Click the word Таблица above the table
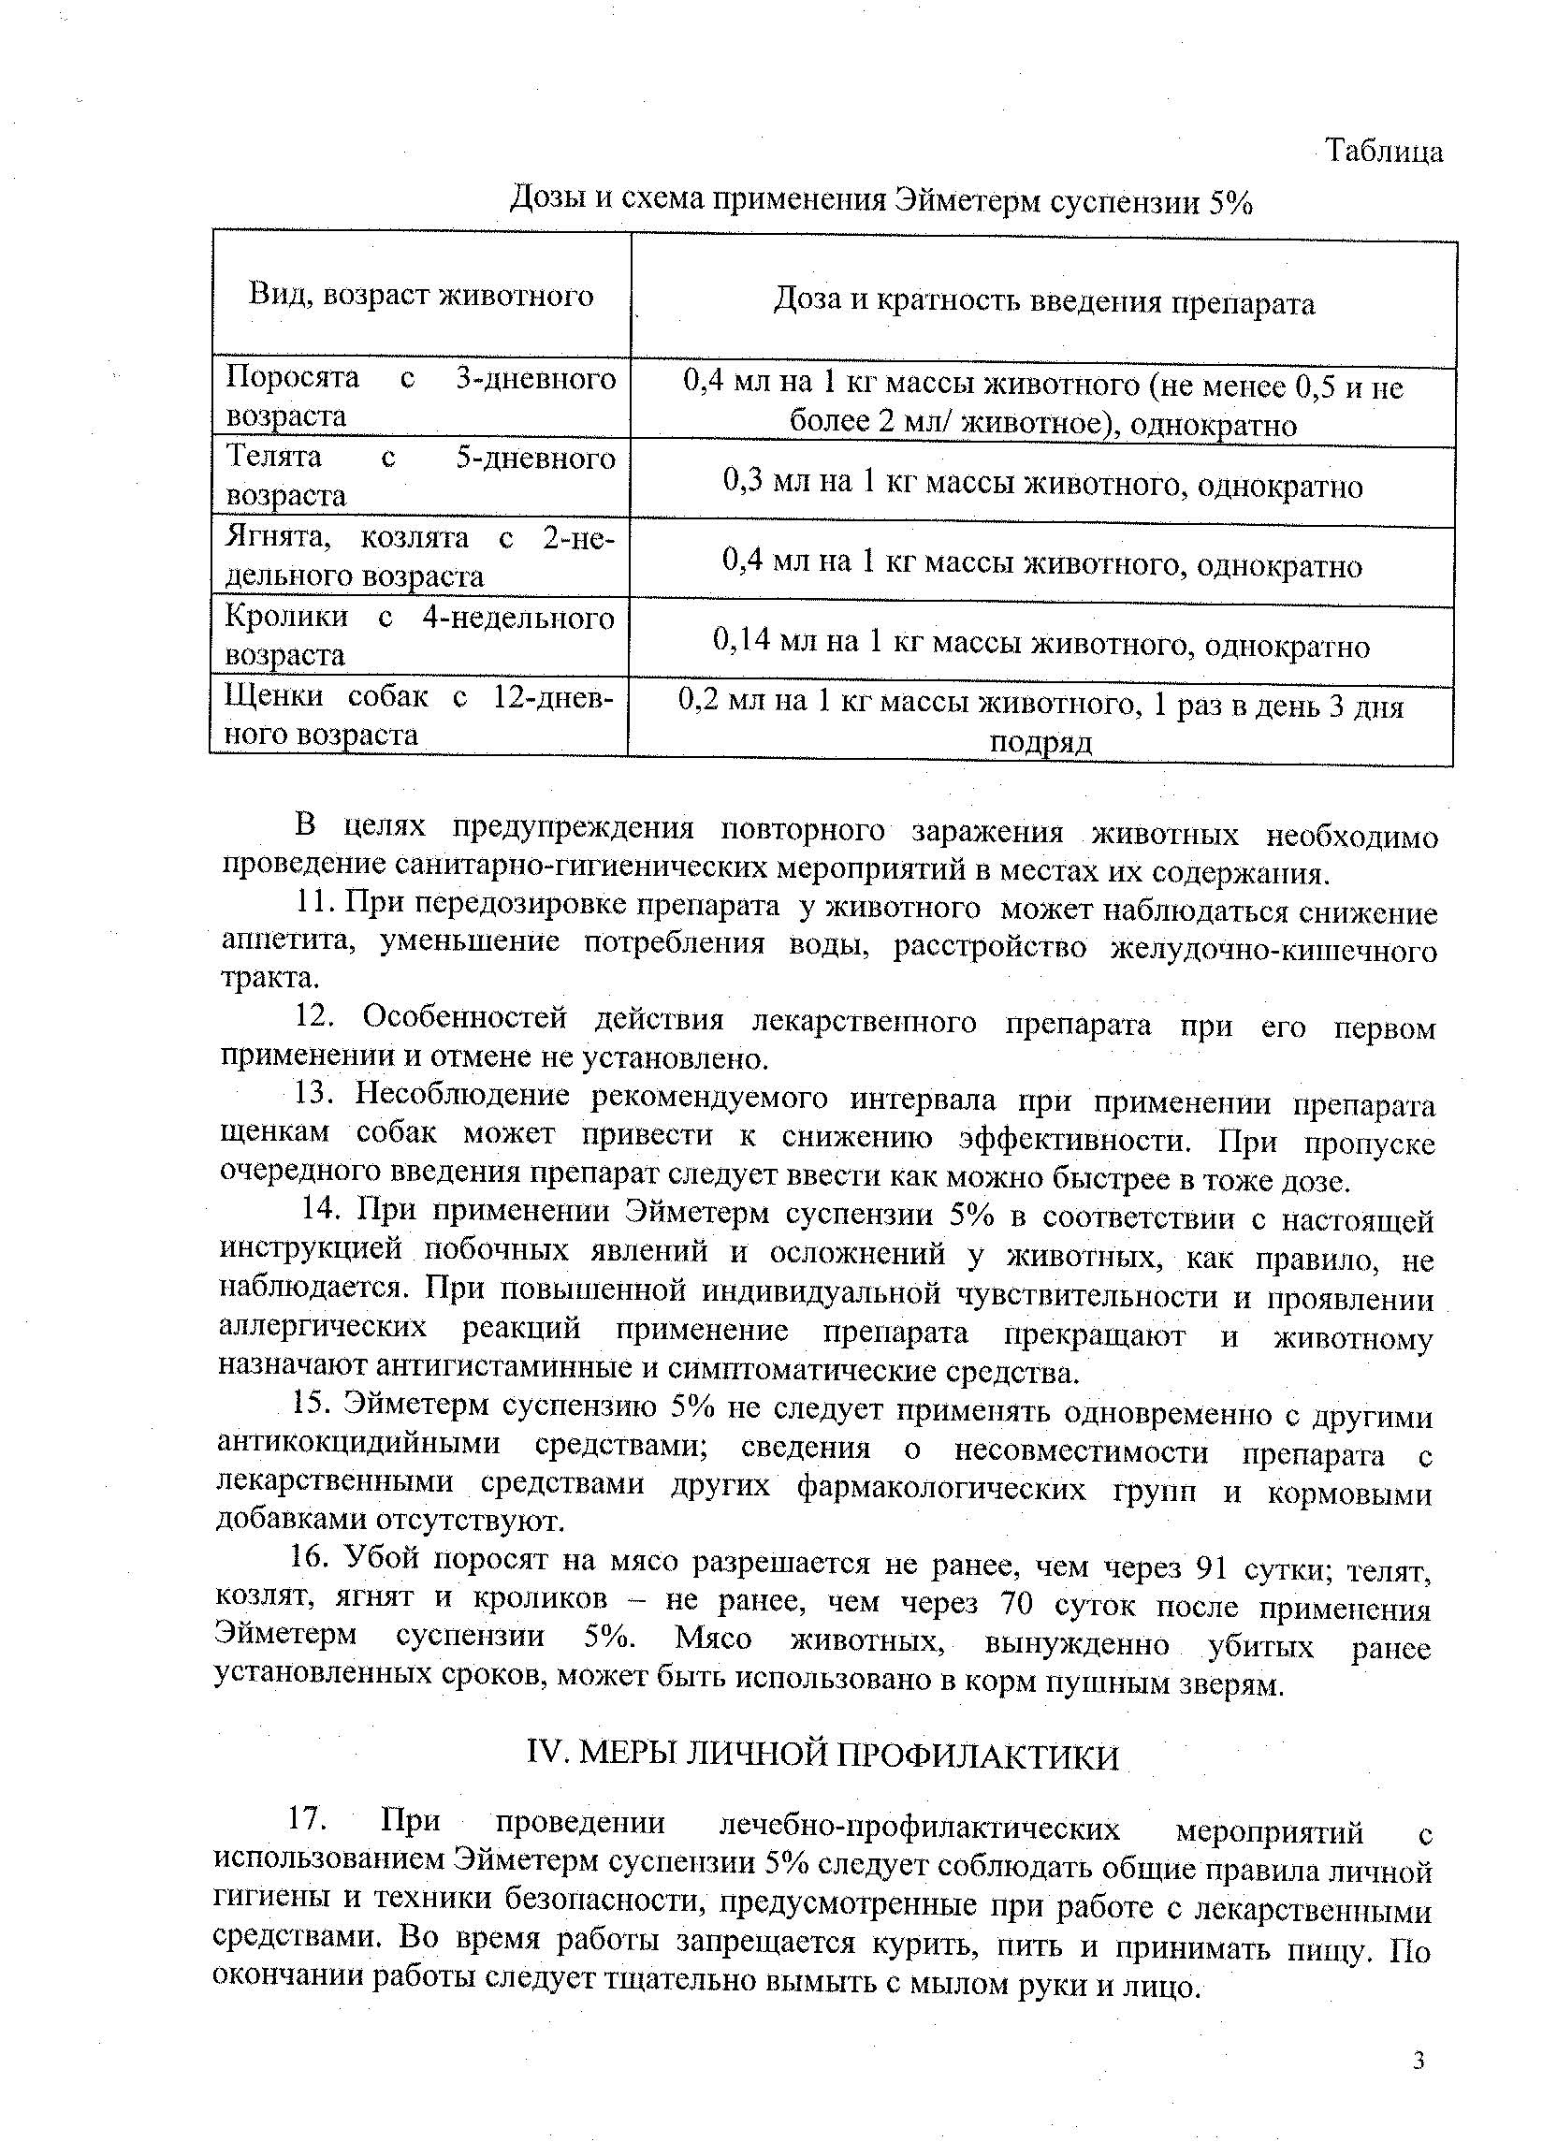click(1383, 150)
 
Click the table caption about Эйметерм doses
click(880, 201)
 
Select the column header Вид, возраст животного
click(421, 295)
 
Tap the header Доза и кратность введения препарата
click(1043, 302)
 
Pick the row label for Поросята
click(420, 397)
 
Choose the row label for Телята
click(420, 476)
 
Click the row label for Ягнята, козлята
click(420, 556)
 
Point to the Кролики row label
click(420, 635)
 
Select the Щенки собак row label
click(418, 715)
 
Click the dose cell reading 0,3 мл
click(1042, 486)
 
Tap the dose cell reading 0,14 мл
click(1040, 645)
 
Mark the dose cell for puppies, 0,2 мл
click(1040, 723)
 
